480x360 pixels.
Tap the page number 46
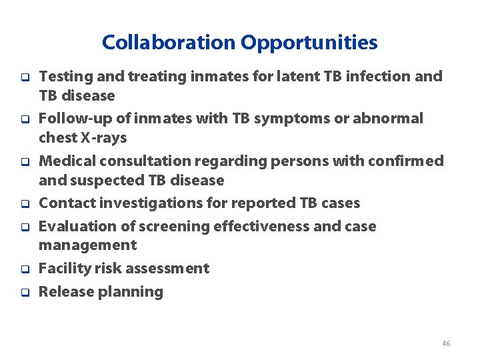pyautogui.click(x=446, y=343)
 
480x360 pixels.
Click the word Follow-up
pyautogui.click(x=74, y=119)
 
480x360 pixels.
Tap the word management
pyautogui.click(x=87, y=245)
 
